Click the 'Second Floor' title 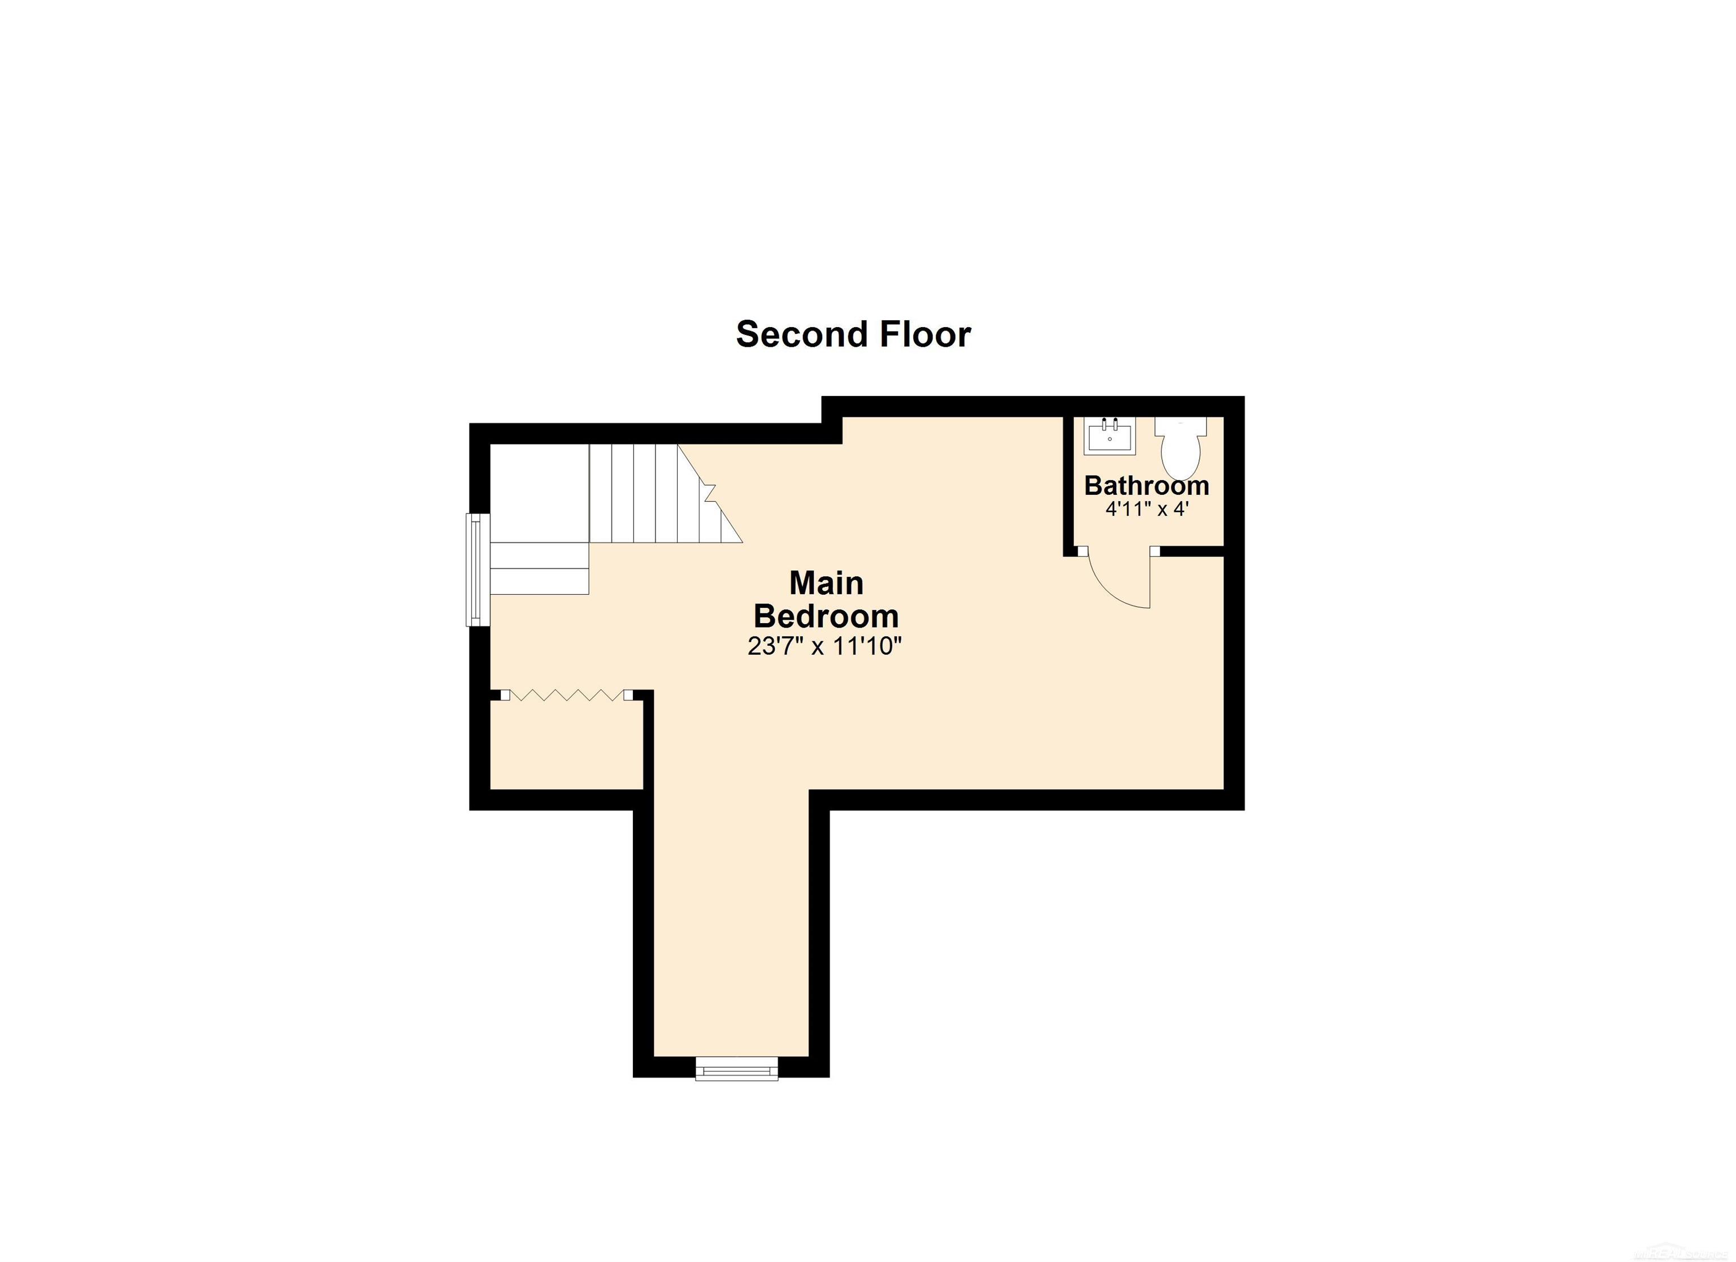tap(853, 334)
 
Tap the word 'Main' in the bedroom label tap(826, 583)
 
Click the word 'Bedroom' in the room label tap(826, 616)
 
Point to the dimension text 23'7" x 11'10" tap(825, 647)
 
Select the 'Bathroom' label tap(1146, 486)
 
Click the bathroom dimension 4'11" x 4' tap(1146, 509)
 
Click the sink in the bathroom tap(1110, 436)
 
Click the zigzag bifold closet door tap(566, 695)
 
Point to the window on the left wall tap(478, 569)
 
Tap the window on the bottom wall tap(736, 1068)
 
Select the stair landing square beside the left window tap(539, 493)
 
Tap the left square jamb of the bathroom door tap(1082, 550)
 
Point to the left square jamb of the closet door tap(505, 695)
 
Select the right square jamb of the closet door tap(628, 695)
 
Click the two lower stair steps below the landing tap(539, 569)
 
